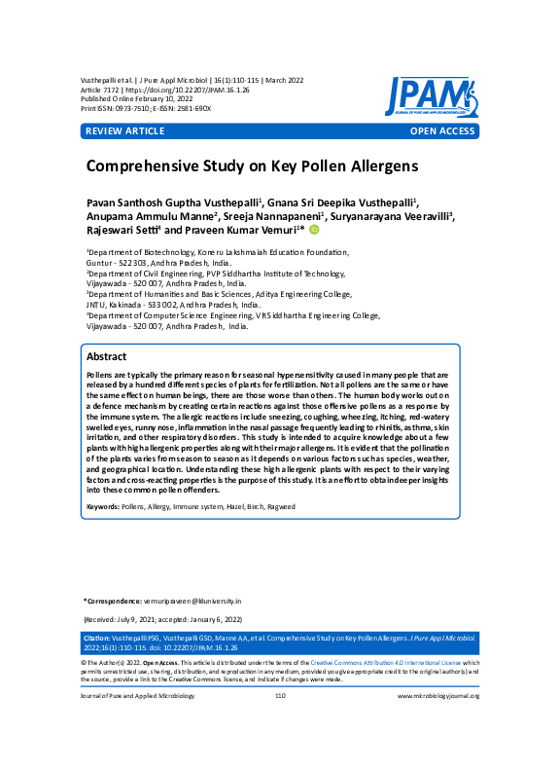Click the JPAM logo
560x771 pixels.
[429, 96]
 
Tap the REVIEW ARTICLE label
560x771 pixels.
[125, 131]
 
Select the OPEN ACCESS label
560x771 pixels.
[442, 131]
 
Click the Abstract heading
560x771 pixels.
[107, 357]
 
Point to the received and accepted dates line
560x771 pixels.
[161, 619]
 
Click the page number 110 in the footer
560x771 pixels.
[280, 696]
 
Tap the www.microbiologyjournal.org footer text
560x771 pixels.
[438, 696]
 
